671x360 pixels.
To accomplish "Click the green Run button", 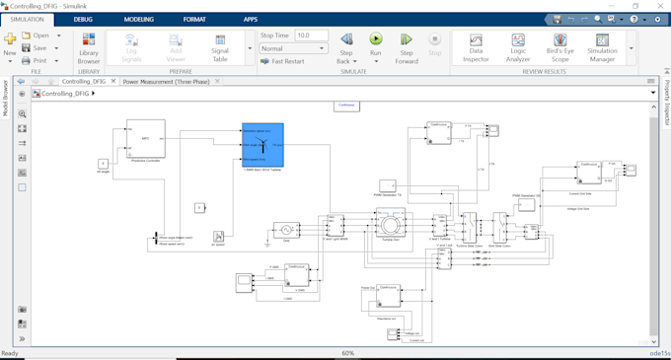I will click(x=376, y=41).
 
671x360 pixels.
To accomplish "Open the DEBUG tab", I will click(x=83, y=19).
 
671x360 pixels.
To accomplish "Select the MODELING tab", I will click(x=138, y=19).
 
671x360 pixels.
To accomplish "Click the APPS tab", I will click(x=251, y=19).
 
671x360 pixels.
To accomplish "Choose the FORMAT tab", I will click(x=194, y=19).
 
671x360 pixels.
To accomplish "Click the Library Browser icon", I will click(x=89, y=47).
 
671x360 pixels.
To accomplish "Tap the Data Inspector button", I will click(x=476, y=47).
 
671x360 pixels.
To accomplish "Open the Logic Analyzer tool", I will click(x=518, y=47).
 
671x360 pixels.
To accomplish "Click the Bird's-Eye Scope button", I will click(x=559, y=47).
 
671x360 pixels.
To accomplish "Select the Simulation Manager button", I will click(x=602, y=47).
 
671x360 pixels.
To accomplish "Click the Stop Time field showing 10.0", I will click(x=312, y=36).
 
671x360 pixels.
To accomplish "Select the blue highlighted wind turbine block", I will click(x=262, y=145).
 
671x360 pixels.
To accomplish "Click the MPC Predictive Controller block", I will click(x=145, y=139).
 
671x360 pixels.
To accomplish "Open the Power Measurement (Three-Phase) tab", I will click(x=166, y=81).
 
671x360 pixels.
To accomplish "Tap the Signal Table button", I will click(x=220, y=47).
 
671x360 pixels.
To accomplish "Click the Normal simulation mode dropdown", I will click(x=292, y=48).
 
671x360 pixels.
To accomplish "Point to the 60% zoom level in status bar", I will click(x=348, y=353).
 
